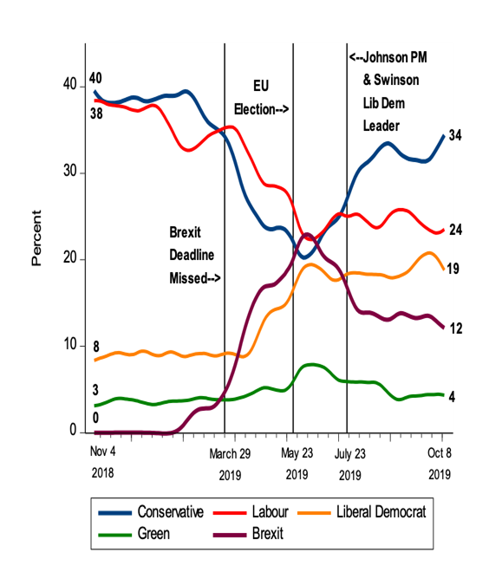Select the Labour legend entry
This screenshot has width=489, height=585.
[x=269, y=512]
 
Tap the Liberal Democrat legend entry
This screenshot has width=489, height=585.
[x=381, y=512]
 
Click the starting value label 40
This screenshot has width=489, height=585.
[x=95, y=79]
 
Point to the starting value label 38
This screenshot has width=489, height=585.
[x=95, y=113]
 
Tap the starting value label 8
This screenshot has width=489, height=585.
[x=95, y=348]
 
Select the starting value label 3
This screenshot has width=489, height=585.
[x=95, y=390]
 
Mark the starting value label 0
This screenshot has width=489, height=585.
[x=95, y=419]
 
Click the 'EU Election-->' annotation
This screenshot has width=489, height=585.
[x=259, y=98]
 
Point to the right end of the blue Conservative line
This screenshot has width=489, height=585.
[x=443, y=136]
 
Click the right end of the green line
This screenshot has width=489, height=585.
[x=443, y=395]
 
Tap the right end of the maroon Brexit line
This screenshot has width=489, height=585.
[x=443, y=328]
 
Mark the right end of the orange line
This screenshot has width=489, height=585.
[x=443, y=269]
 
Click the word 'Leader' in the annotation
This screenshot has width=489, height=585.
[x=382, y=126]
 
